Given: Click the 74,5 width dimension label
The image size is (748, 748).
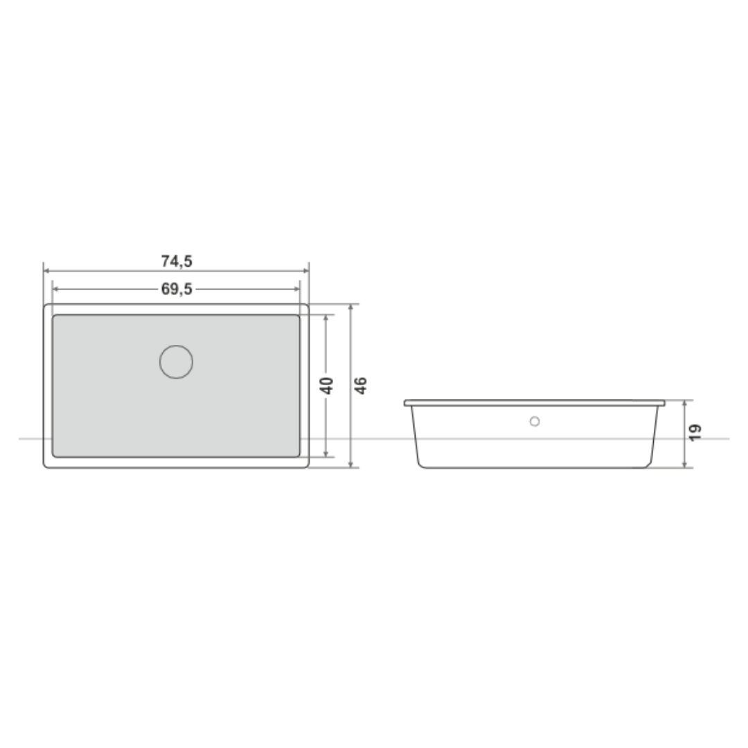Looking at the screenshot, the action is pos(177,261).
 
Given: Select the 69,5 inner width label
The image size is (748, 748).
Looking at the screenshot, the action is pos(177,289).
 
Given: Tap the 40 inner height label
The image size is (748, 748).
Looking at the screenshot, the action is pos(327,386).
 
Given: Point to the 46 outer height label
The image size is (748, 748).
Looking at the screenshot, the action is pos(361,386).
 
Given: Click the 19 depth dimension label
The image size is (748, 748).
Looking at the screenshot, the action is pos(695,432).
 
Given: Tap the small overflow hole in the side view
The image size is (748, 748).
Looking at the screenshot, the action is pos(535,421).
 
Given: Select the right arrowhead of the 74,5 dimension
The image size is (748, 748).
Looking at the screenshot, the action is pos(306,271).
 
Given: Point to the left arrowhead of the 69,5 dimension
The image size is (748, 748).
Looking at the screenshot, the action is pos(55,289).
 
